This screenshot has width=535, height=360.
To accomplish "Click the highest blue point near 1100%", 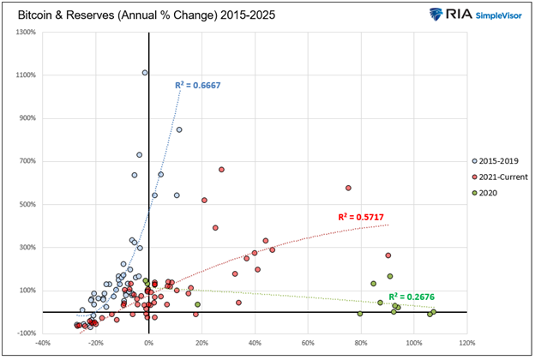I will [x=145, y=73].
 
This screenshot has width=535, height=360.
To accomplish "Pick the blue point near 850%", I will [x=179, y=130].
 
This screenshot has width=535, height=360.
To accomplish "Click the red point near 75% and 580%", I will [x=348, y=188].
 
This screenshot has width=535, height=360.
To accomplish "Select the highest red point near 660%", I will [x=221, y=170].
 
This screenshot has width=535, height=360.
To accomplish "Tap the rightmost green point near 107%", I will [x=434, y=312].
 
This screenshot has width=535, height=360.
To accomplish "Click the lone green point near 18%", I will [x=198, y=304].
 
